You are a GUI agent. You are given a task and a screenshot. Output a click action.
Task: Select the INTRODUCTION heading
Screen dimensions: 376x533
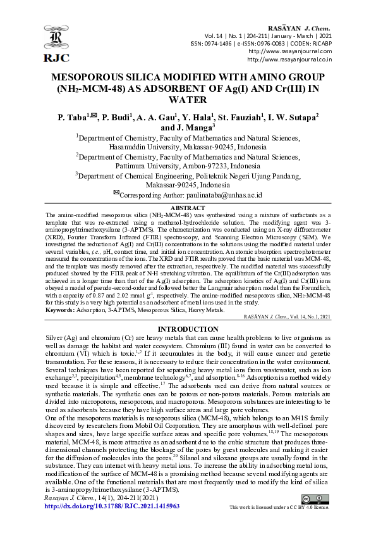tap(188, 329)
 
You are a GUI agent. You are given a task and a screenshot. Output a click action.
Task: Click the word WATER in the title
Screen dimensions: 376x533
tap(188, 99)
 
